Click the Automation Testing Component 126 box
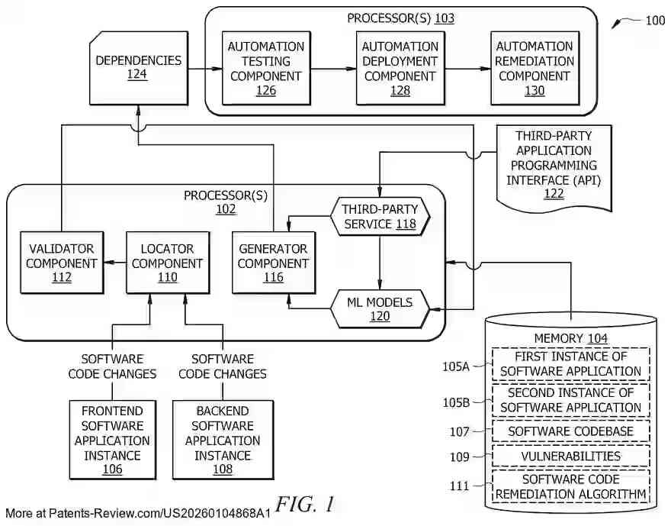[x=266, y=68]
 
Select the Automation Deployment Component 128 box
[x=400, y=68]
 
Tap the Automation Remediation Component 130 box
[x=535, y=68]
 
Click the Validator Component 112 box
[x=62, y=263]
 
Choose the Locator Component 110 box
[x=167, y=263]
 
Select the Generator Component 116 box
[x=273, y=263]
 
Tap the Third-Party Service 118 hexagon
[x=380, y=216]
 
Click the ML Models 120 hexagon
[x=380, y=309]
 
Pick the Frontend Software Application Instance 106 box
[x=112, y=440]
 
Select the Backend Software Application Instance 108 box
[x=222, y=440]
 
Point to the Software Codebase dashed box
[x=571, y=431]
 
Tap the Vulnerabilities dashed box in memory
[x=571, y=456]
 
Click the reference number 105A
[x=457, y=366]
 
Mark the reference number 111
[x=460, y=486]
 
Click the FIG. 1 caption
[x=305, y=505]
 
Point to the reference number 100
[x=654, y=21]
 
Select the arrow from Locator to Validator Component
[x=114, y=263]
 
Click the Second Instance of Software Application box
[x=571, y=400]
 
